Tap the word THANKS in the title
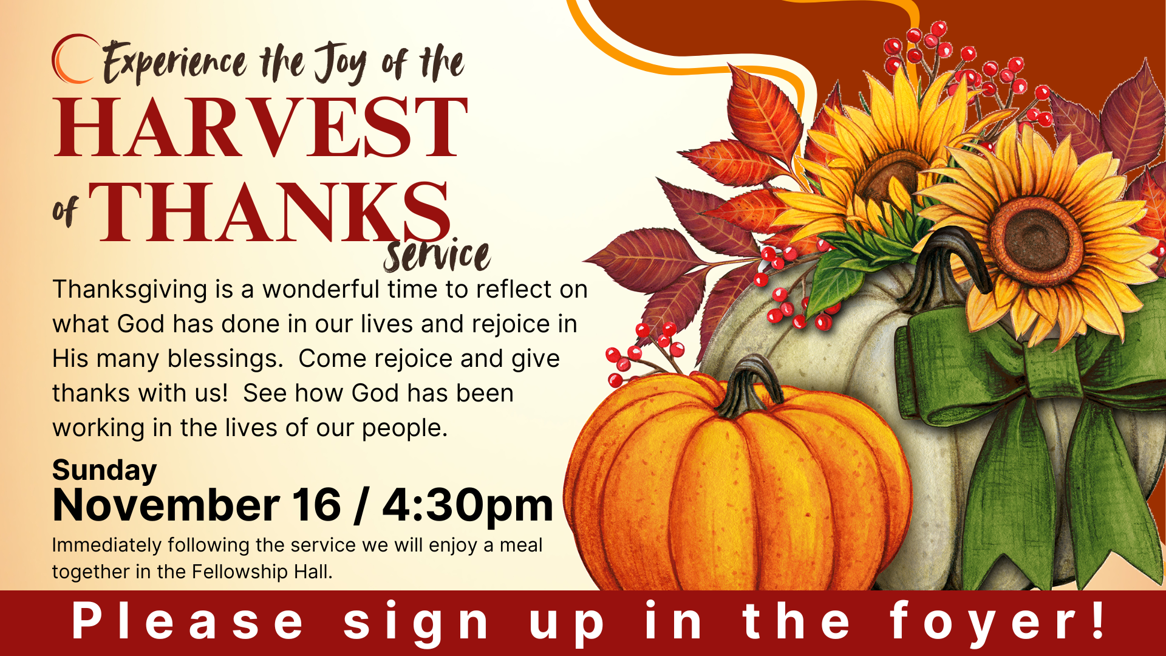coord(270,212)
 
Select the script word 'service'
coord(437,256)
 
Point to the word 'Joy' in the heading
coord(341,64)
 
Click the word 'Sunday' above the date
coord(104,470)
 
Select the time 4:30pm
coord(468,505)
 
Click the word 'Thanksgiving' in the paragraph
coord(130,290)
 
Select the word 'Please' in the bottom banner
coord(188,621)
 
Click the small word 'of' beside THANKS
coord(65,211)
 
